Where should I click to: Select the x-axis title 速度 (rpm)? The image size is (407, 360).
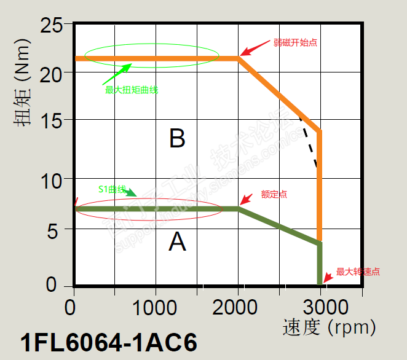coord(328,327)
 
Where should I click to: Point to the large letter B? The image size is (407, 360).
coord(177,139)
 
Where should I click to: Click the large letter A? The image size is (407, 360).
coord(177,243)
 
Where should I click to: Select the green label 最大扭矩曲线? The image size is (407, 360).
coord(132,90)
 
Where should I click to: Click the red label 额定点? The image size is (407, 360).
coord(274,194)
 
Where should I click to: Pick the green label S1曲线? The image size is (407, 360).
coord(112,189)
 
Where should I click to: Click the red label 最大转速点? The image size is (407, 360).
coord(358,272)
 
